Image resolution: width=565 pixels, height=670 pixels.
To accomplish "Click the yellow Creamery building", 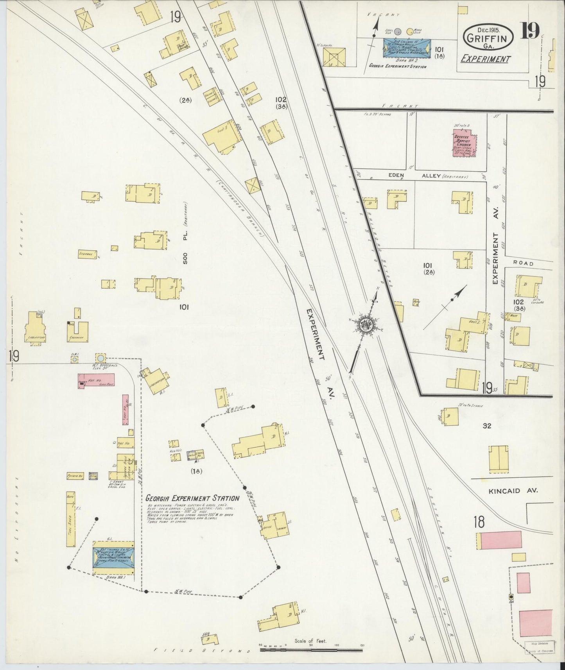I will [81, 331].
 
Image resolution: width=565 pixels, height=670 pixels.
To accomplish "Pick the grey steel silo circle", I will [398, 32].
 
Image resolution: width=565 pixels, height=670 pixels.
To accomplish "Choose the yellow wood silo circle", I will [410, 32].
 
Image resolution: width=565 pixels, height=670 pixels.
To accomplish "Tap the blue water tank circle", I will [100, 358].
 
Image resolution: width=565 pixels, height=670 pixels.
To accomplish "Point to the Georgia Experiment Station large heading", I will [192, 498].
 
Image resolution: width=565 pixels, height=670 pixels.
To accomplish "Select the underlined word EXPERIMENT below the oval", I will [485, 59].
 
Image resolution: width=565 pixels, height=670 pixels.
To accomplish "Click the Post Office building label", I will [183, 46].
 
